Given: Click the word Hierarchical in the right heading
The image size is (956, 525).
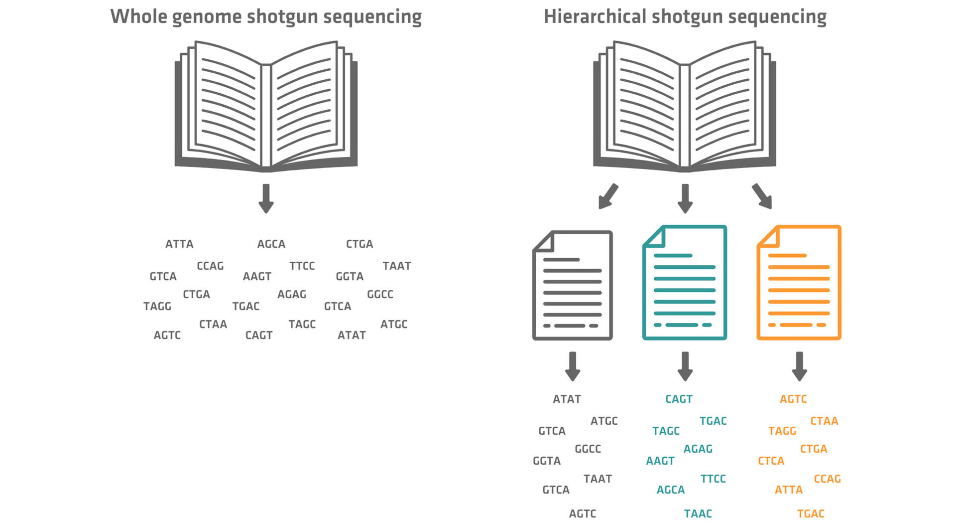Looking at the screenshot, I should coord(595,16).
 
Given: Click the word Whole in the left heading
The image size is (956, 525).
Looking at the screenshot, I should coord(138,16).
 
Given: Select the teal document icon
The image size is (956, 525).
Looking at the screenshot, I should coord(685,283).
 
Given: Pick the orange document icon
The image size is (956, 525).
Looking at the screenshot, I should coord(799,283).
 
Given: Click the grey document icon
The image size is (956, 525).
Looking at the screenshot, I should coord(573,285).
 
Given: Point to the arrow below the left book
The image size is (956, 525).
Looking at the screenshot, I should coord(266,198).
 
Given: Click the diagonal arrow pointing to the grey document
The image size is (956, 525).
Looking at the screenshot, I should coord(607,196).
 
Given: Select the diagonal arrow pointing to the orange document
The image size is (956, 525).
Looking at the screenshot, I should coord(762,196).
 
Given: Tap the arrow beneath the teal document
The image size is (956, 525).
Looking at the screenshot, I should coord(685,366).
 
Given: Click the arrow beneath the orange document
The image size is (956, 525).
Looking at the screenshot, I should coord(799,366).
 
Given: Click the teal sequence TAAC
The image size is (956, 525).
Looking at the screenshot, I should coord(698,514).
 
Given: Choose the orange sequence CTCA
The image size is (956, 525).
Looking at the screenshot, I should coord(771,461).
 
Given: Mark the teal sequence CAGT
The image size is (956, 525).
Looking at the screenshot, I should coord(679,399).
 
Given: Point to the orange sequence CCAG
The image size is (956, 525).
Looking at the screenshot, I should coord(827,479).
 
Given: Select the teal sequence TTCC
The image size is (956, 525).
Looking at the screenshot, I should coord(713,479).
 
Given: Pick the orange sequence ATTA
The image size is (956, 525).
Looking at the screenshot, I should coord(789,490).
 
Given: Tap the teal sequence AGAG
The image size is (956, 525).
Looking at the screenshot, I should coord(698,449).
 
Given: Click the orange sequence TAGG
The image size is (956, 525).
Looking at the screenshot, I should coord(782,431).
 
